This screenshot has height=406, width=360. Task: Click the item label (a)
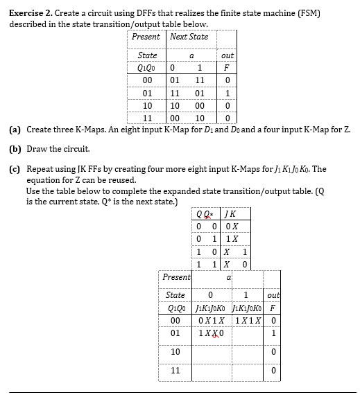15,130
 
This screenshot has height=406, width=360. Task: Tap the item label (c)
15,168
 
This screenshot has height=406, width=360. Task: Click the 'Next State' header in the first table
189,37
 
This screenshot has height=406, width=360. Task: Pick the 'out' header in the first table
227,55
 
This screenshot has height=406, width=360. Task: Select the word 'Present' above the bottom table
177,277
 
